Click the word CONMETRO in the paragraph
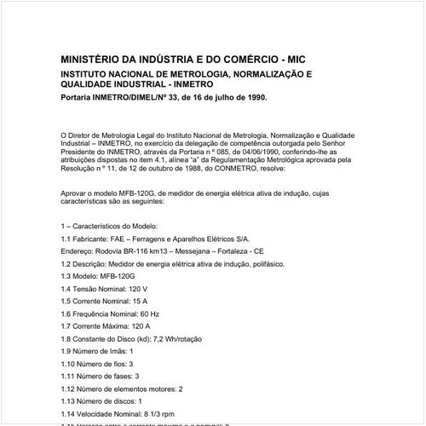point(231,169)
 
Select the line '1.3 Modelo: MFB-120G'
point(98,277)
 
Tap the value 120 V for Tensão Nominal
point(149,289)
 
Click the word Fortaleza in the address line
point(234,252)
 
